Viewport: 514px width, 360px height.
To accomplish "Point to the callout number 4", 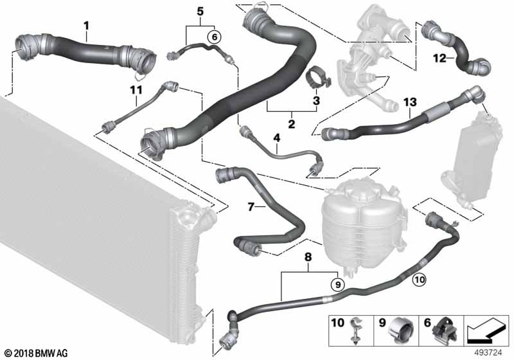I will pyautogui.click(x=277, y=138).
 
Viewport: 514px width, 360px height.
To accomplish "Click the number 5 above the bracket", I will pyautogui.click(x=200, y=11).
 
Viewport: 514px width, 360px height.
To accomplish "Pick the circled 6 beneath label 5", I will pyautogui.click(x=213, y=37).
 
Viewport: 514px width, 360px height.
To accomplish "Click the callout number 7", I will pyautogui.click(x=252, y=207).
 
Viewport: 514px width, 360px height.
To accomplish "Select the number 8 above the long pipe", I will pyautogui.click(x=308, y=256).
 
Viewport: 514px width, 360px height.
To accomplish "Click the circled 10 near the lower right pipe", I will pyautogui.click(x=418, y=279).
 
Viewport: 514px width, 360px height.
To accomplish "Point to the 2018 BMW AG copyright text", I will pyautogui.click(x=37, y=352).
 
